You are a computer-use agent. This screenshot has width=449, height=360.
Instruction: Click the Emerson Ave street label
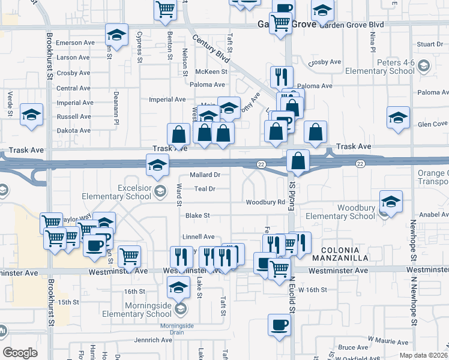pyautogui.click(x=76, y=43)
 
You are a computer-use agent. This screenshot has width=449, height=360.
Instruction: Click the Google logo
pyautogui.click(x=20, y=352)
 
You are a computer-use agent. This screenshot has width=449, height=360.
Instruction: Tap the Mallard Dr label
pyautogui.click(x=205, y=175)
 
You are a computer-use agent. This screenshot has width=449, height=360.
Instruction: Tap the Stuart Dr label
pyautogui.click(x=430, y=44)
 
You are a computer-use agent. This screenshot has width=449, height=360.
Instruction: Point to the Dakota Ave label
pyautogui.click(x=73, y=130)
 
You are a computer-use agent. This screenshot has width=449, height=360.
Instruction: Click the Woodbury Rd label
pyautogui.click(x=265, y=202)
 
